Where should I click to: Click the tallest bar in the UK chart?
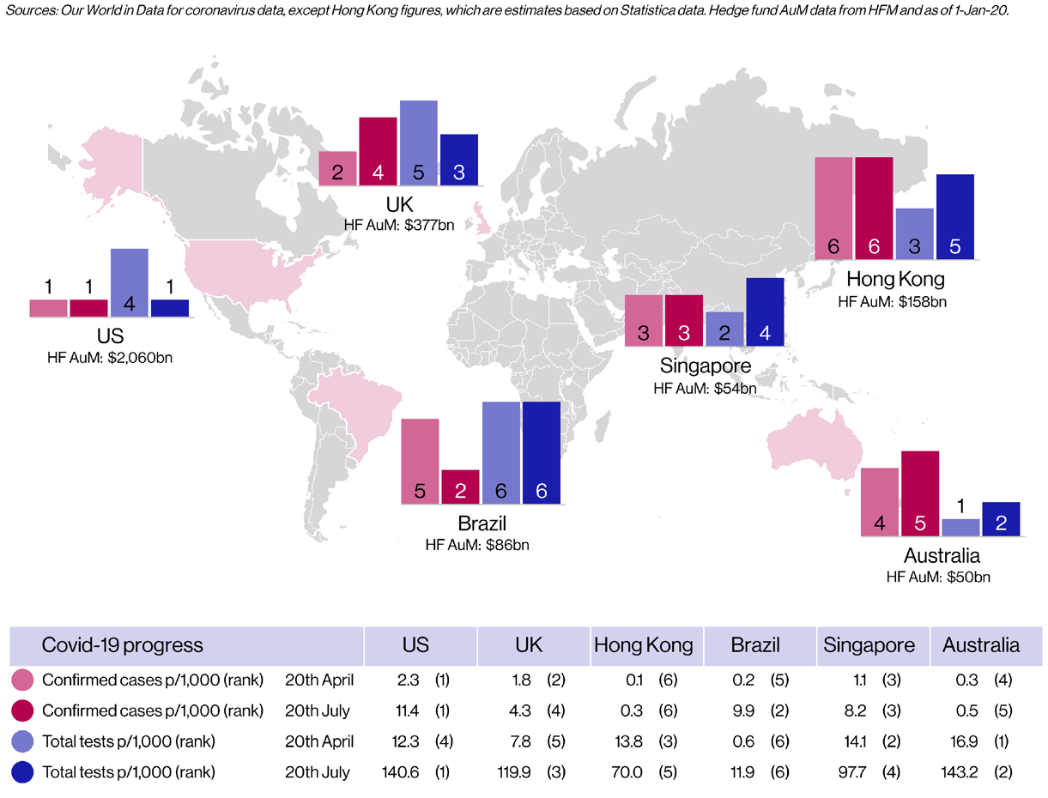[418, 142]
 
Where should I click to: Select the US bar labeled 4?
[130, 282]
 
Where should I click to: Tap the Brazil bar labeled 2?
[461, 487]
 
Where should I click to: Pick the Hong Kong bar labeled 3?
[914, 233]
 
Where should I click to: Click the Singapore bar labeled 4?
[766, 311]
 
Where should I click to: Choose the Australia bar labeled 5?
[920, 493]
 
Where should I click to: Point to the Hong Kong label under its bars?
[895, 280]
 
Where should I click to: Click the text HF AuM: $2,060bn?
[110, 356]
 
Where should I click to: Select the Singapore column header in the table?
[869, 645]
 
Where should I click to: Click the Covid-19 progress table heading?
[123, 645]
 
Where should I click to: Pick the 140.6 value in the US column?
[398, 772]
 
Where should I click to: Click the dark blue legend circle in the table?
[24, 772]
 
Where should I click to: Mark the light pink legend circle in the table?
[24, 680]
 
